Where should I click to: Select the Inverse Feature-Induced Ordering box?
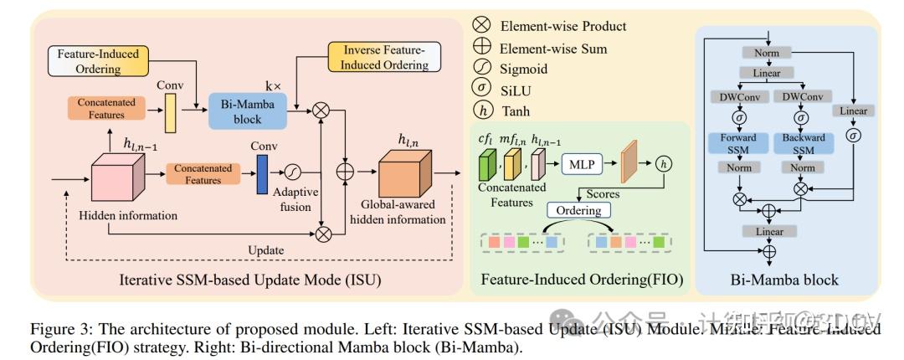pyautogui.click(x=384, y=56)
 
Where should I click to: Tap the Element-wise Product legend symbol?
pyautogui.click(x=481, y=26)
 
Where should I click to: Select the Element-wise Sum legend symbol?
pyautogui.click(x=481, y=48)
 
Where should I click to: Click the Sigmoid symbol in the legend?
pyautogui.click(x=481, y=69)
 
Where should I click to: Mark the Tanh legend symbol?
pyautogui.click(x=481, y=111)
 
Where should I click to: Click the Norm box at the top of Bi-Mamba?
pyautogui.click(x=767, y=53)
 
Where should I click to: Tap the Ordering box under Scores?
pyautogui.click(x=578, y=211)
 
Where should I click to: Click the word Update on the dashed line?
pyautogui.click(x=265, y=250)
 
